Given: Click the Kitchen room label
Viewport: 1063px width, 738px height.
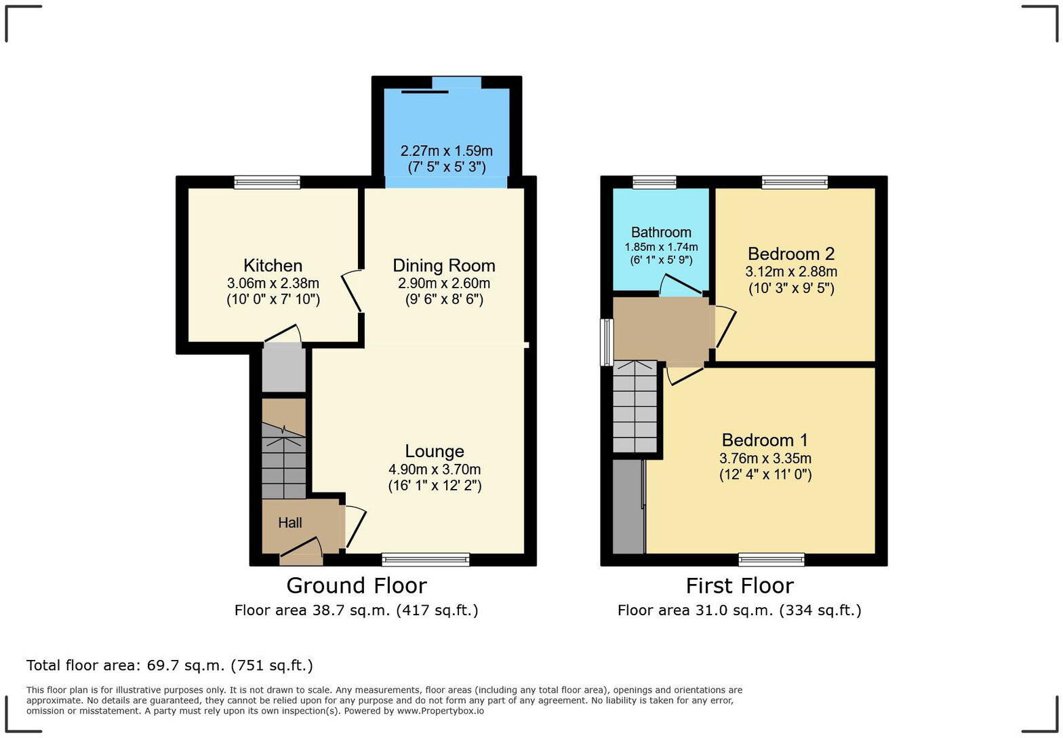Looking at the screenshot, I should pos(273,265).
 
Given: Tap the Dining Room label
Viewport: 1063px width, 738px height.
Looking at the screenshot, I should pos(443,265).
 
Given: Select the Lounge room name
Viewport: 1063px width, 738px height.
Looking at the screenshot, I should pos(435,451).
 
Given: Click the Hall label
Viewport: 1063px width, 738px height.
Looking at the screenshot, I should pos(289,523).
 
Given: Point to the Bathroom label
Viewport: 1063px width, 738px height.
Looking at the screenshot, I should pos(661,233).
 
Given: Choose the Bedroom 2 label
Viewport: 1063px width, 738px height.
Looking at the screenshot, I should pos(790,254).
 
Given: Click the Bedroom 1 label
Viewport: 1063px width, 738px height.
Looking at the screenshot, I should pos(765,440).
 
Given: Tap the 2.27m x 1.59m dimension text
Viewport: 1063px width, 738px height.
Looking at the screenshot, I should pos(446,151).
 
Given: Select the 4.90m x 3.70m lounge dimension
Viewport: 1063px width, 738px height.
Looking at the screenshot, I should pos(435,469).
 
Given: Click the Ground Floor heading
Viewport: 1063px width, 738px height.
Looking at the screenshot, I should pos(356,585).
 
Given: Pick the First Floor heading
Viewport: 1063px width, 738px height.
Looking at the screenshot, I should pos(739,585).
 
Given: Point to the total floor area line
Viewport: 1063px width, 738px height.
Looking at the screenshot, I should pos(169,665).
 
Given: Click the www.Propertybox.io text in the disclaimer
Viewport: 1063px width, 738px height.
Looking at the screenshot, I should pos(440,711).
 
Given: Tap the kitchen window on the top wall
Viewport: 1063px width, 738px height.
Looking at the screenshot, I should pos(267,182).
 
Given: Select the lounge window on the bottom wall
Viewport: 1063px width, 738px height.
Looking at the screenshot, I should pos(425,560).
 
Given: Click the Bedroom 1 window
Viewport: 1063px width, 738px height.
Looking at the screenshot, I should pos(771,560).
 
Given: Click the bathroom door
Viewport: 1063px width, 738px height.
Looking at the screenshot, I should pos(681,286).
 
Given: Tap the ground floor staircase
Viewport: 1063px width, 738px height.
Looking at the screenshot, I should pos(283,461).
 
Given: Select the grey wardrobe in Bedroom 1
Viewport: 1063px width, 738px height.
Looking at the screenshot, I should pos(628,507).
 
